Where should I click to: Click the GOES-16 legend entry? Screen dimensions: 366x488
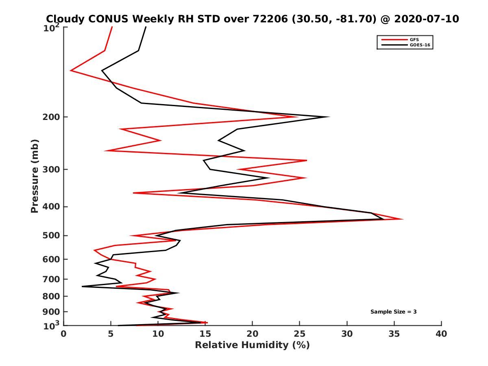[x=420, y=45]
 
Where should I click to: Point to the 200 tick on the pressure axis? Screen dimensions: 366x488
[x=52, y=117]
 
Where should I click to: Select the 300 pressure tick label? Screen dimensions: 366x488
[x=52, y=170]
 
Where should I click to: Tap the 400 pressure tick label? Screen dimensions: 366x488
[x=52, y=207]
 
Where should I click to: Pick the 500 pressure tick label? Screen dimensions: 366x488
[x=52, y=235]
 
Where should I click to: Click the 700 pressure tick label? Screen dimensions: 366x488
[x=52, y=279]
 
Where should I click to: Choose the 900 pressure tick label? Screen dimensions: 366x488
[x=52, y=312]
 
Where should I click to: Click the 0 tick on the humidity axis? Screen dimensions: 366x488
[x=64, y=334]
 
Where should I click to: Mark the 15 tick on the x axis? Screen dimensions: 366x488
[x=205, y=334]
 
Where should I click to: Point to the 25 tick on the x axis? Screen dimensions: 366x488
[x=300, y=334]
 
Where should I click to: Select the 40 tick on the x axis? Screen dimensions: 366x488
[x=441, y=334]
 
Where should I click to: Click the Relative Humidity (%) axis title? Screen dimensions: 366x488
[x=252, y=345]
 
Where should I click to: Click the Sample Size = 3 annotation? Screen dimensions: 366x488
[x=393, y=312]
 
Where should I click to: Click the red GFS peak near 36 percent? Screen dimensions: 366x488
[x=403, y=219]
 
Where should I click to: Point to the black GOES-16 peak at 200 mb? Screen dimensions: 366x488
[x=329, y=117]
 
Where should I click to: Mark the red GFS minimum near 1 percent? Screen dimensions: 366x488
[x=71, y=71]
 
